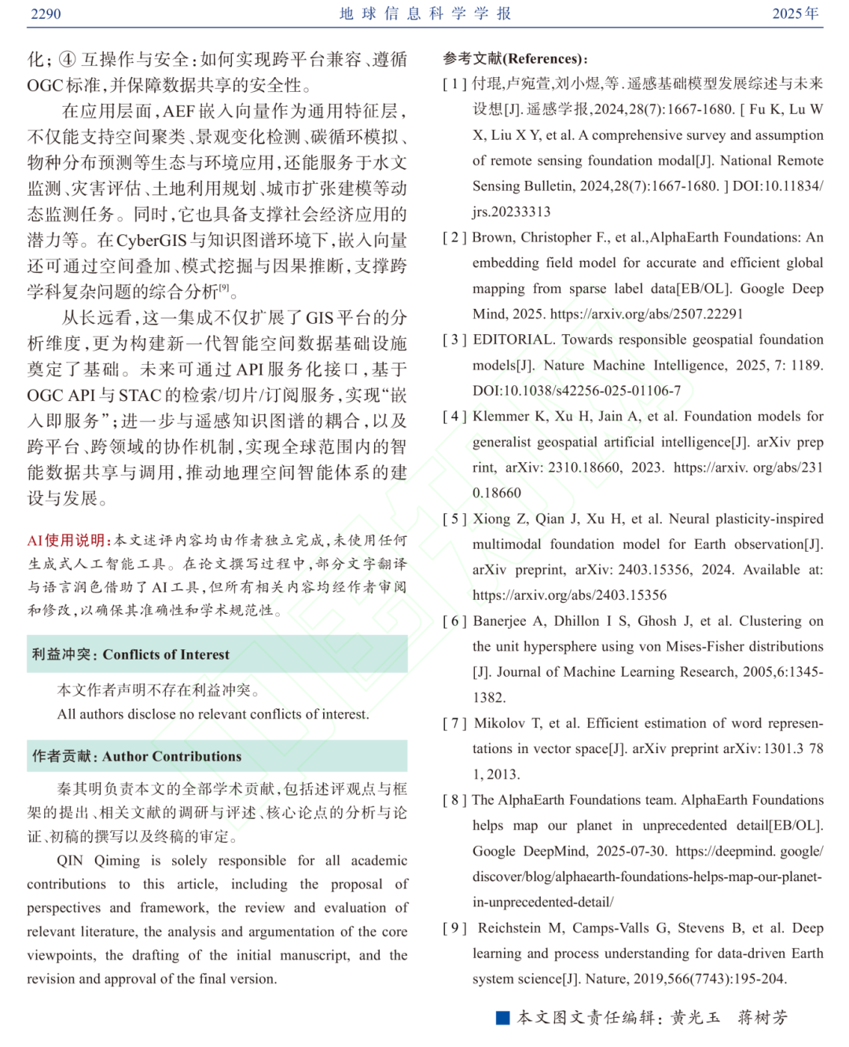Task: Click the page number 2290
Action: click(x=46, y=13)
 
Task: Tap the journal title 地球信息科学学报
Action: click(x=425, y=13)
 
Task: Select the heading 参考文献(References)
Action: click(x=515, y=58)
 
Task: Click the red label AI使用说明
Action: click(x=68, y=540)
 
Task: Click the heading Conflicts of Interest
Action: click(x=166, y=655)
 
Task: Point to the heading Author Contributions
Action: click(x=171, y=756)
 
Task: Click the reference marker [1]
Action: click(x=454, y=84)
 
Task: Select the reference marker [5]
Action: click(x=454, y=519)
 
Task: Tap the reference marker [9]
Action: click(x=454, y=928)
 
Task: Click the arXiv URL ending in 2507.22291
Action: click(x=646, y=314)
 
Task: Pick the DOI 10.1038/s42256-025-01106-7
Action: click(x=576, y=391)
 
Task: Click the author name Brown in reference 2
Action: click(x=494, y=237)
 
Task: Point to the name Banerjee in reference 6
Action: click(x=500, y=621)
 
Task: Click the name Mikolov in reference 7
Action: click(x=500, y=723)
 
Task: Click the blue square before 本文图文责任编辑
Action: click(x=503, y=1018)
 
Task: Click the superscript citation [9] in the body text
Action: click(x=224, y=288)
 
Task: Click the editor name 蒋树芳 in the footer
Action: click(x=762, y=1018)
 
